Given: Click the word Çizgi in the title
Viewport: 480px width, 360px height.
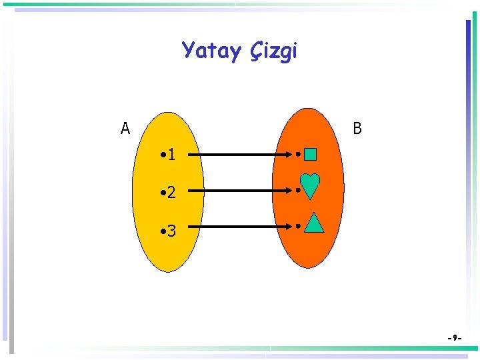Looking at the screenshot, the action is point(274,51).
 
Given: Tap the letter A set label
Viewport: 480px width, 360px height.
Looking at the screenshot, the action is point(125,128).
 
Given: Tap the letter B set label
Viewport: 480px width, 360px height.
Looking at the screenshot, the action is point(357,128).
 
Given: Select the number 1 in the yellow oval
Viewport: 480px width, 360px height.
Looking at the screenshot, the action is point(172,155).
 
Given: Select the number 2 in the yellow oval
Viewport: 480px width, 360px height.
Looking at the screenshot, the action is point(172,193).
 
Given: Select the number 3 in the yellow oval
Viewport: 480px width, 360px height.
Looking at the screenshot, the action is point(172,231).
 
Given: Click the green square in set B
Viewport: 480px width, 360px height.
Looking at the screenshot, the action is point(311,155).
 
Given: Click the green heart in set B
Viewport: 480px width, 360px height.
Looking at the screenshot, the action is point(310,186).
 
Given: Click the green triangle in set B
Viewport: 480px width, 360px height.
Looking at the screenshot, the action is point(314,223).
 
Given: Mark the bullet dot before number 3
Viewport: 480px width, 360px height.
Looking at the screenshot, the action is point(163,231).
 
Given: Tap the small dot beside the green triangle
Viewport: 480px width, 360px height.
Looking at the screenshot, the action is point(297,226).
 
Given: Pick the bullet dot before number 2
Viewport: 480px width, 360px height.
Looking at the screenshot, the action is point(163,193).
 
